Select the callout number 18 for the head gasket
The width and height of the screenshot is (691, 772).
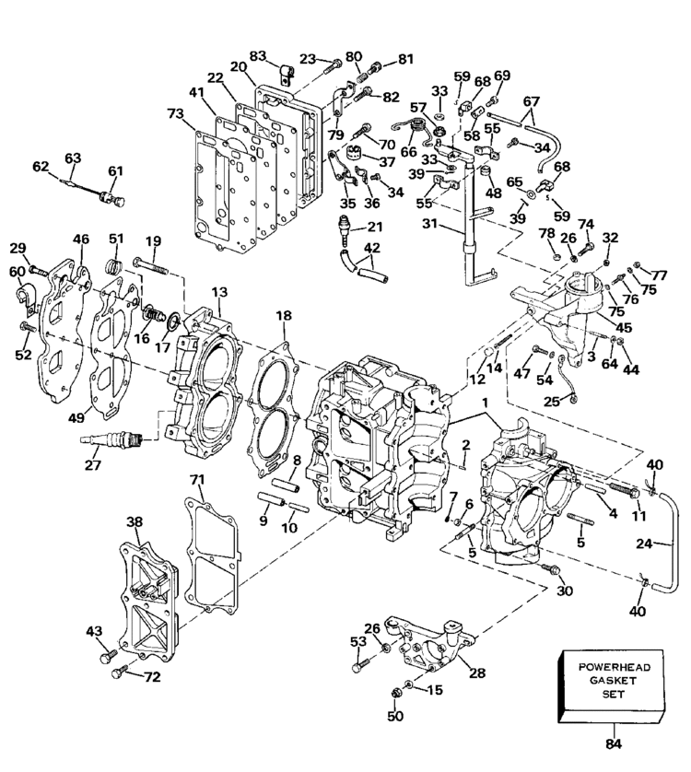pyautogui.click(x=283, y=315)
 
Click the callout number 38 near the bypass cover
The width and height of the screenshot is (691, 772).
pyautogui.click(x=135, y=521)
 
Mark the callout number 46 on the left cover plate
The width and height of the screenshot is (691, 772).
pyautogui.click(x=81, y=240)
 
